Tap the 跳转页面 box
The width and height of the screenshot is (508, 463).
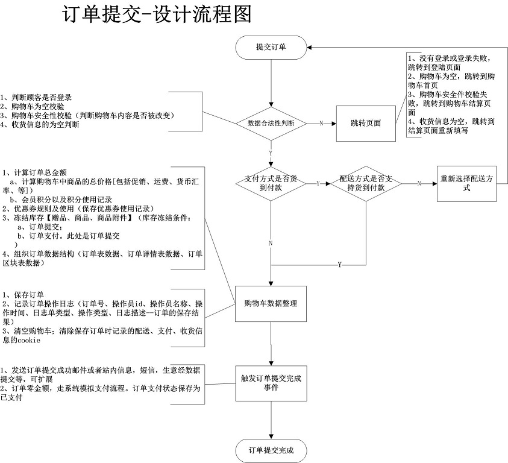click(x=366, y=123)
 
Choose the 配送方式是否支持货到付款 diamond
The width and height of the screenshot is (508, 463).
click(x=366, y=183)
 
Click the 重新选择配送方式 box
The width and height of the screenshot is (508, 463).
click(x=467, y=183)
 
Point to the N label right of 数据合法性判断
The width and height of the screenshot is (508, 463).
click(x=321, y=123)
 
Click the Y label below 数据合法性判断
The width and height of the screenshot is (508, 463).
click(x=271, y=153)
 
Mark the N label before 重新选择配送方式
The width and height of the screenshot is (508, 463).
click(x=419, y=183)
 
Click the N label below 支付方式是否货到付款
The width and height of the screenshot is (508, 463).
click(x=271, y=243)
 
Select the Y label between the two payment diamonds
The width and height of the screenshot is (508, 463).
click(x=318, y=183)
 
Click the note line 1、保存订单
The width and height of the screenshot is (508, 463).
click(x=24, y=295)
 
